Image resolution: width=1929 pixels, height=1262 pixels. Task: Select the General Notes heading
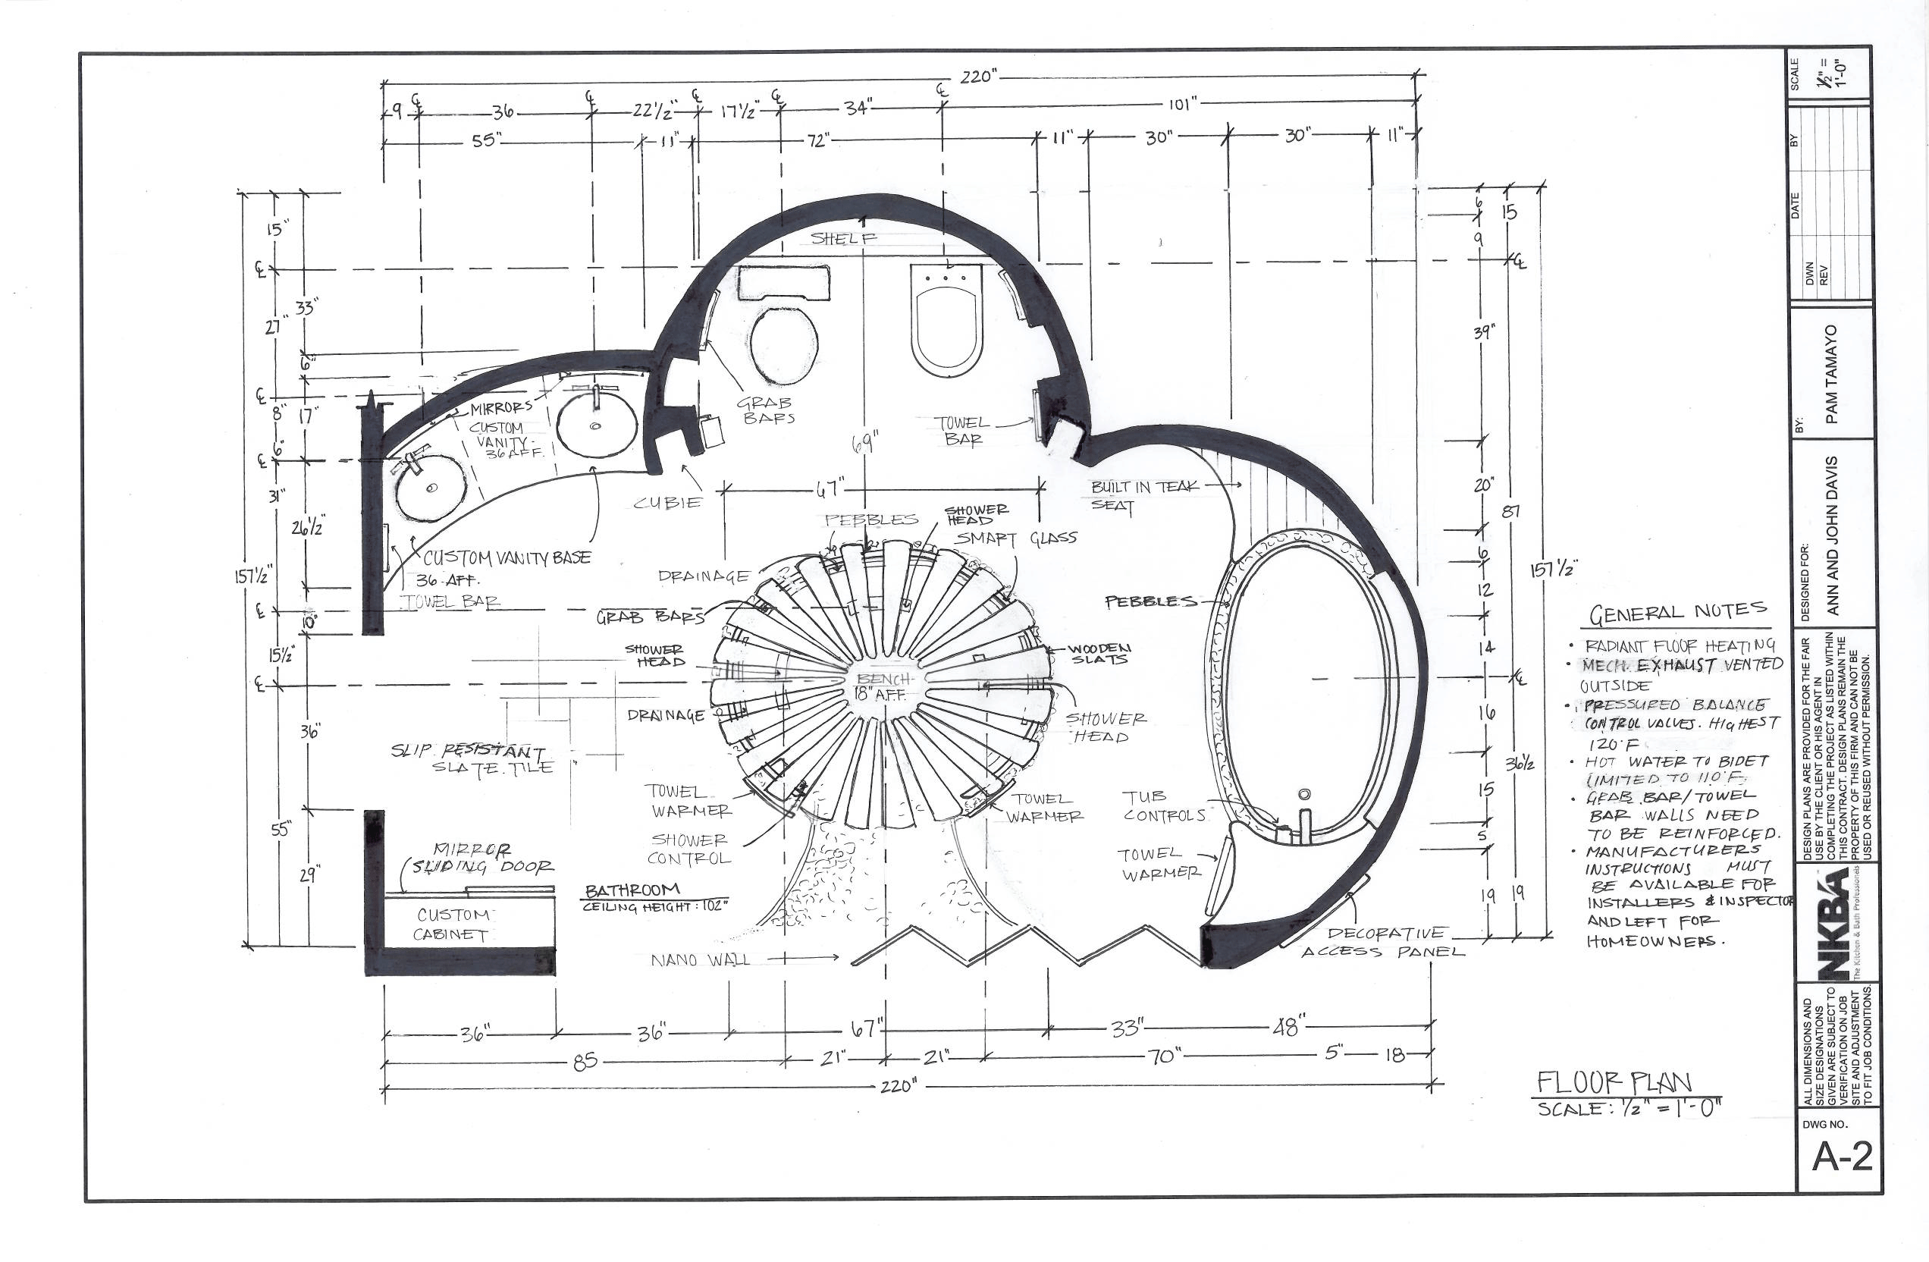pos(1678,614)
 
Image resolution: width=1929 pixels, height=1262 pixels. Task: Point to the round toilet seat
pos(783,345)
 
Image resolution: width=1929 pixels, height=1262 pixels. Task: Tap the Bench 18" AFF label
pos(882,686)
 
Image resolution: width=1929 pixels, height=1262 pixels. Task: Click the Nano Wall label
pos(701,960)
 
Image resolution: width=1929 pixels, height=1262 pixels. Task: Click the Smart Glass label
pos(1017,538)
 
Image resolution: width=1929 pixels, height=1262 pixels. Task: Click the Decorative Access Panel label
pos(1384,943)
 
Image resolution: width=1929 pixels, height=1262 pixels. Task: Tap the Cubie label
pos(667,503)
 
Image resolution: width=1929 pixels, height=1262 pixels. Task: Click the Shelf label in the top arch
pos(843,238)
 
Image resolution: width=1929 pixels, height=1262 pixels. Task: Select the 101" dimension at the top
pos(1183,105)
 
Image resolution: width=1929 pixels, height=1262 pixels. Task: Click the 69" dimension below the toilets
pos(866,444)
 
